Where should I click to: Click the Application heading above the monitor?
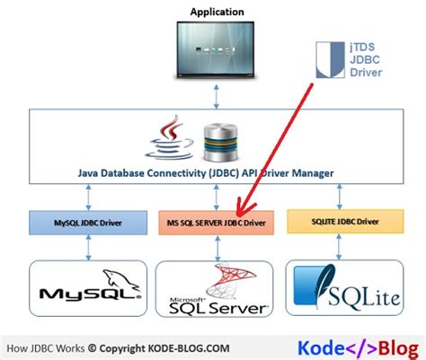[217, 12]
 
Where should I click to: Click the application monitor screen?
[216, 49]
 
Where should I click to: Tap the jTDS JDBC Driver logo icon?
[330, 60]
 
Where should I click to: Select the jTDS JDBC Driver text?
[366, 60]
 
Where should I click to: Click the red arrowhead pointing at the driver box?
[244, 208]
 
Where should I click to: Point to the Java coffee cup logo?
[170, 137]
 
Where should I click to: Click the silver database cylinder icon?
[220, 143]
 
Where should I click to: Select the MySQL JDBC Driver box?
[88, 223]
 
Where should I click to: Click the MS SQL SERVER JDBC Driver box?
[216, 223]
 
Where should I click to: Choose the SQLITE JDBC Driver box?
[345, 222]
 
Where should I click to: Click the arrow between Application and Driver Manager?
[217, 96]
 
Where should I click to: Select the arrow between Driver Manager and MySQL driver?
[88, 198]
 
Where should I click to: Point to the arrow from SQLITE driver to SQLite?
[339, 247]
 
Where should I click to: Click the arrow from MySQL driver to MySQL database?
[88, 248]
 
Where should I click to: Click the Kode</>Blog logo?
[358, 348]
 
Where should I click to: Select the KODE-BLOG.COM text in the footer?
[189, 348]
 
